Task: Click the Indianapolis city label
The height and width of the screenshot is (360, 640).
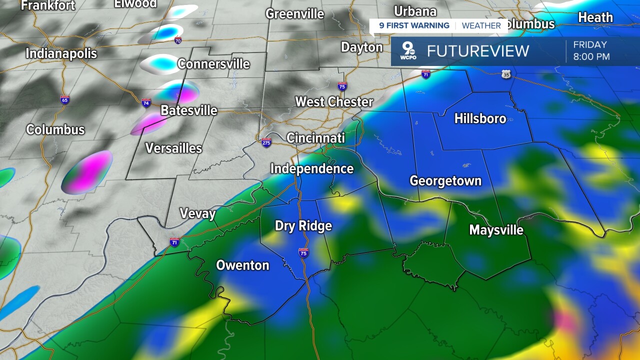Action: pos(61,53)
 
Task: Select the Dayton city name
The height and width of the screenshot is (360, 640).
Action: pos(361,47)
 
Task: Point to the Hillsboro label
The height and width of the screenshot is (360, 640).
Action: pos(480,118)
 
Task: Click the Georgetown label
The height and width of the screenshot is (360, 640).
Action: pos(445,181)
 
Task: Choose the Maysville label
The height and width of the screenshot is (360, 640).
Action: pos(496,230)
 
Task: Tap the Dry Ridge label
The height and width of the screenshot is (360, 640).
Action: pos(303,226)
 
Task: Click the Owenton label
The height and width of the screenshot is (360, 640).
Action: pos(242,265)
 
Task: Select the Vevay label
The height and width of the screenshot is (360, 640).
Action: pos(197,214)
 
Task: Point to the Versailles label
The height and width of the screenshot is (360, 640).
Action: pos(173,148)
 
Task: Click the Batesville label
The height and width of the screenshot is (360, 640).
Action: pos(188,110)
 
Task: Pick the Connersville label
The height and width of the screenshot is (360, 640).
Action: pos(213,64)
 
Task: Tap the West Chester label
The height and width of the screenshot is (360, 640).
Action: pos(334,102)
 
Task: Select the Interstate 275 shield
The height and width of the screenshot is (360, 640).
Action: pos(266,142)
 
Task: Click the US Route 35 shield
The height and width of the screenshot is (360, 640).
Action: pos(506,74)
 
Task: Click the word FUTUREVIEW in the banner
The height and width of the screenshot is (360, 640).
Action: pos(477,51)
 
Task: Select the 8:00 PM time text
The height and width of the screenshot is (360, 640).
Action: pos(591,57)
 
